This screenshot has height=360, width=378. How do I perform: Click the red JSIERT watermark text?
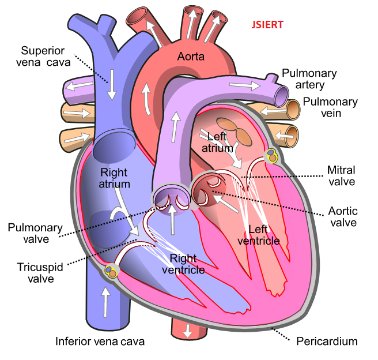coord(267,25)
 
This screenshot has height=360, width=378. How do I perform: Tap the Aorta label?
coord(191,57)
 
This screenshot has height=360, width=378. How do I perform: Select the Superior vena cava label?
coord(43,57)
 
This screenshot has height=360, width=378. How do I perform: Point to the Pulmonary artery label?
coord(309,78)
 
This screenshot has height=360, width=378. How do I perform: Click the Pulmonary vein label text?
coord(330,107)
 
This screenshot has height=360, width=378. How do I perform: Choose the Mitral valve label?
coord(341,175)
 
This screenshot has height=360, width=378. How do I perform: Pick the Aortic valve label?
coord(343,217)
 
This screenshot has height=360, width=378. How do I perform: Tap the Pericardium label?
coord(327,342)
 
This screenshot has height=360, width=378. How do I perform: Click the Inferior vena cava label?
coord(100,342)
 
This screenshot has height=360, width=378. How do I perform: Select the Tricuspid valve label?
coord(40,273)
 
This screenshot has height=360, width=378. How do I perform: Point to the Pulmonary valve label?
coord(35,233)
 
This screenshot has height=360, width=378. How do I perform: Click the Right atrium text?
coord(114,178)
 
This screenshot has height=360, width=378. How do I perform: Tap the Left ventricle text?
coord(259,235)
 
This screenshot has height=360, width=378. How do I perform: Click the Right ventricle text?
coord(183,264)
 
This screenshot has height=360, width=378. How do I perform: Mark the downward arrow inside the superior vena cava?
coord(112,85)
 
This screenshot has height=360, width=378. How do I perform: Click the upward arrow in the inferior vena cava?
coord(105,302)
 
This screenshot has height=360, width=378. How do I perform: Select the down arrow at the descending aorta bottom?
coord(187,331)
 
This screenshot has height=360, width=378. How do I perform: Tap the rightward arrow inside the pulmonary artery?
coord(245,85)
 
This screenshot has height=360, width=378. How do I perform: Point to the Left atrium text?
coord(217,142)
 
